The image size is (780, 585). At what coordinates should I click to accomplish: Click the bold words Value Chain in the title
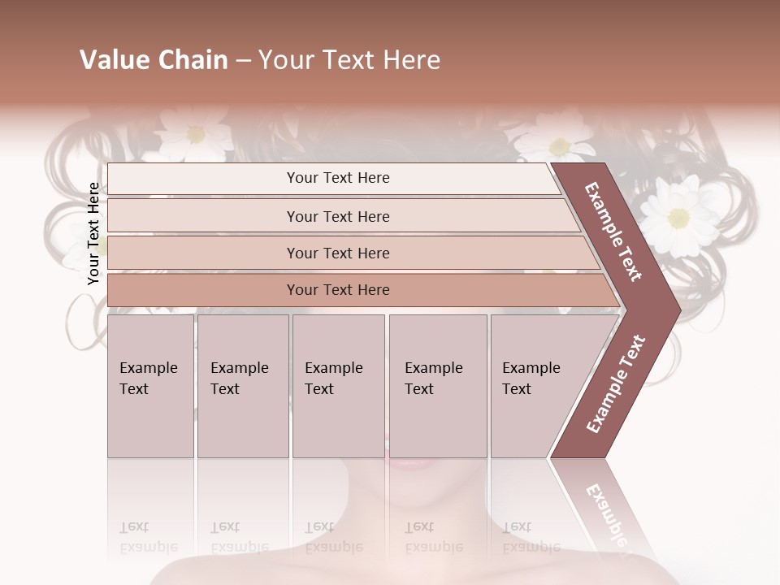pyautogui.click(x=154, y=60)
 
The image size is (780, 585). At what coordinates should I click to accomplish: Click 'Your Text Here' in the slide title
pyautogui.click(x=349, y=60)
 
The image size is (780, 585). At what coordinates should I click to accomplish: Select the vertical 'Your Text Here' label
pyautogui.click(x=93, y=233)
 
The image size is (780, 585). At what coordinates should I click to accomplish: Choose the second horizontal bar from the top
pyautogui.click(x=337, y=216)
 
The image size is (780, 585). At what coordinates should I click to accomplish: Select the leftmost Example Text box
pyautogui.click(x=150, y=386)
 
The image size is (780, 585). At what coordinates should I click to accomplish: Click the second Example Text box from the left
pyautogui.click(x=242, y=386)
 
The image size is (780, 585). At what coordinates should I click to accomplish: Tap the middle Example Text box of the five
pyautogui.click(x=338, y=386)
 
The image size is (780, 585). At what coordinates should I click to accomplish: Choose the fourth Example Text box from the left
pyautogui.click(x=437, y=386)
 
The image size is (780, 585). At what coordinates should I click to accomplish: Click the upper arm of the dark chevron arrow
pyautogui.click(x=614, y=232)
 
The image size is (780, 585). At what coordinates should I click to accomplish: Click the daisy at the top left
pyautogui.click(x=195, y=133)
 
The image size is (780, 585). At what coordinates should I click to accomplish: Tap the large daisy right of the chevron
pyautogui.click(x=678, y=215)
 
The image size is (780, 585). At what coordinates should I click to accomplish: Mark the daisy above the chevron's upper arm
pyautogui.click(x=559, y=145)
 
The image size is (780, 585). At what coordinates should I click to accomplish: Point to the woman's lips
pyautogui.click(x=417, y=464)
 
